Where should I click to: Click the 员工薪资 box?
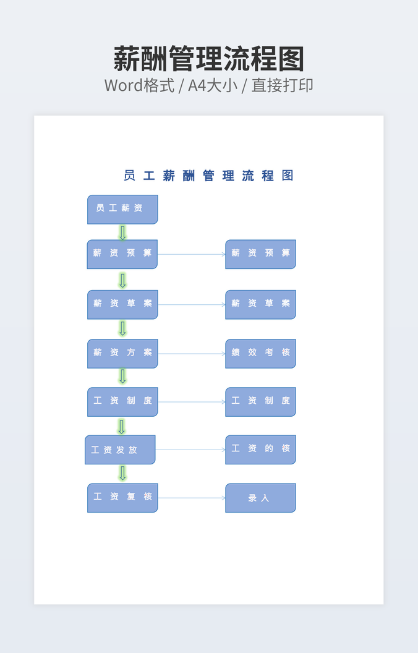click(122, 209)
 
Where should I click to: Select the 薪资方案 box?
click(122, 353)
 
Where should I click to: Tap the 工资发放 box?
click(120, 450)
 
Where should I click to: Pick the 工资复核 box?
click(122, 498)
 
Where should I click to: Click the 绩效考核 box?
click(260, 353)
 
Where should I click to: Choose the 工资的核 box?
click(260, 450)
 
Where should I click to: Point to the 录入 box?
click(260, 498)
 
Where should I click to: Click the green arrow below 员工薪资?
click(122, 233)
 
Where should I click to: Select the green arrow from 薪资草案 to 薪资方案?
click(122, 328)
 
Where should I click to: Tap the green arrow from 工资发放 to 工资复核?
click(122, 473)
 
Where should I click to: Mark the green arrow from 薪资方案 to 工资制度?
click(122, 377)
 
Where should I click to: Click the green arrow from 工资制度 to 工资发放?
click(121, 426)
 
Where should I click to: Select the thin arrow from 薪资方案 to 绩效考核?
click(192, 354)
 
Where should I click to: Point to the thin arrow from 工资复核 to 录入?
click(192, 498)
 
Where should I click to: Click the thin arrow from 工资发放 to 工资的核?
click(190, 450)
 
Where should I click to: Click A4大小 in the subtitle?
click(213, 85)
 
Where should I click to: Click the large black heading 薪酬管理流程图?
click(209, 59)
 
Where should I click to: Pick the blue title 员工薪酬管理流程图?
click(208, 176)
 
